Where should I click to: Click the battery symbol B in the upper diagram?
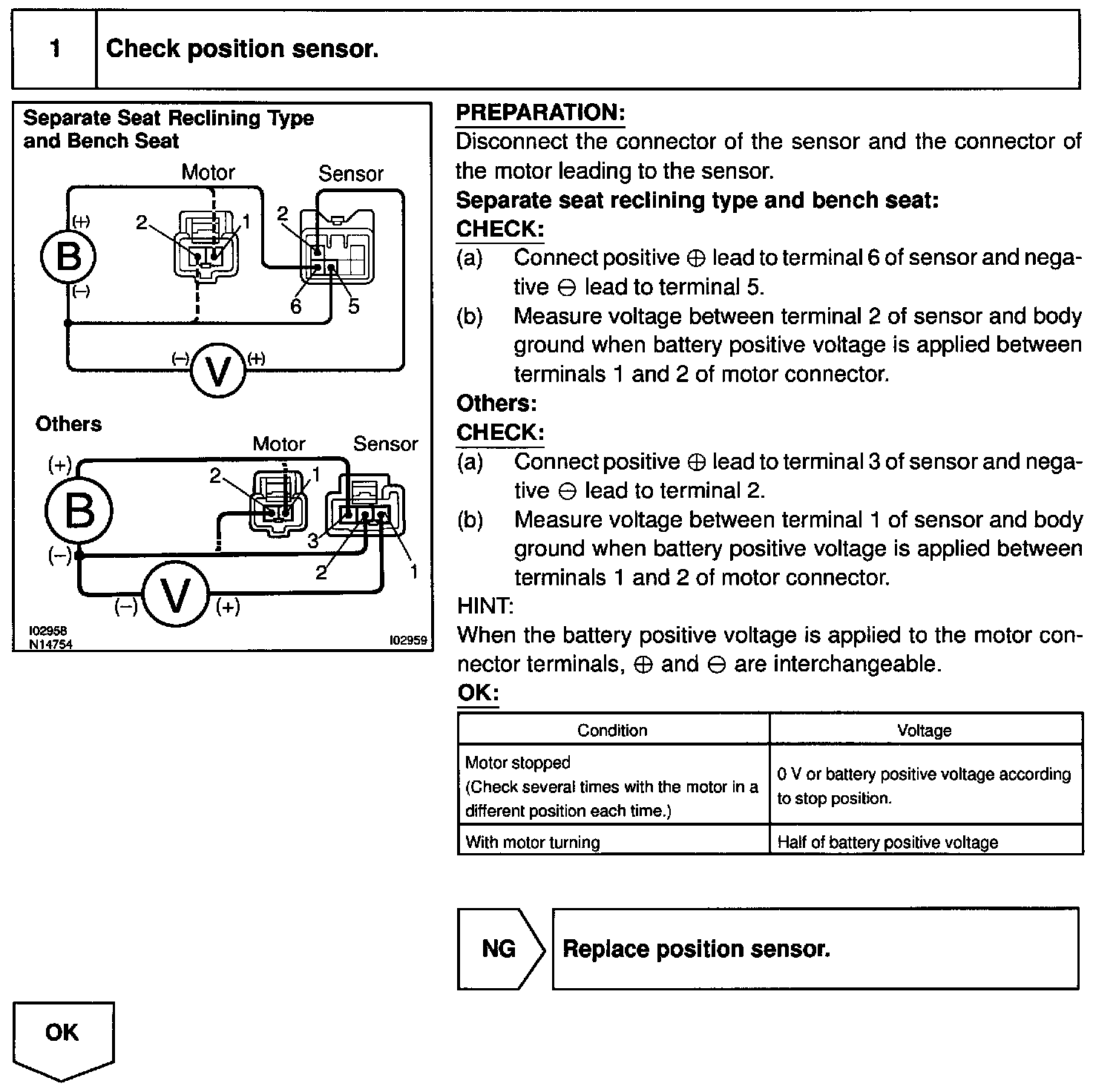[68, 256]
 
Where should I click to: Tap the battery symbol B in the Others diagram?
[79, 511]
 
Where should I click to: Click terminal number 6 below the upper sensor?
[296, 306]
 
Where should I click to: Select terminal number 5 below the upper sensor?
[353, 306]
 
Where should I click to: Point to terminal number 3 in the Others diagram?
[312, 541]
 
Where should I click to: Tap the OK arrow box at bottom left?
[63, 1036]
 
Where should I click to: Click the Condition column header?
[612, 730]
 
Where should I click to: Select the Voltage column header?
[924, 730]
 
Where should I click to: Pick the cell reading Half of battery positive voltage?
[887, 842]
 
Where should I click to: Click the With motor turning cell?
[532, 842]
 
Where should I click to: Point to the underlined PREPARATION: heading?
[540, 113]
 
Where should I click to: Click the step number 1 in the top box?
[55, 49]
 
